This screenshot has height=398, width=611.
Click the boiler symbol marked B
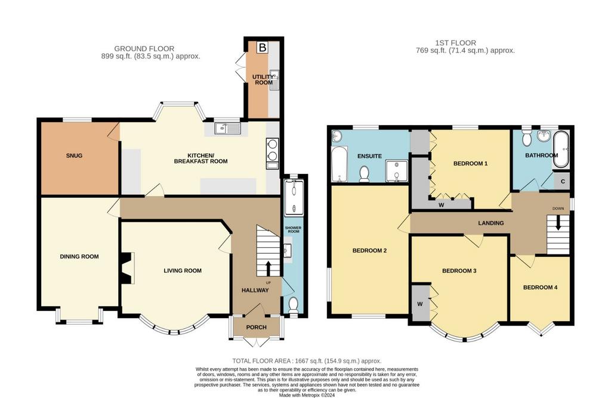[x=263, y=48]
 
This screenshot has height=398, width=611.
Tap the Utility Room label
[x=263, y=80]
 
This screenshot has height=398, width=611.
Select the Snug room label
[x=74, y=156]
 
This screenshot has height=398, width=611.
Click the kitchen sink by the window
[x=229, y=128]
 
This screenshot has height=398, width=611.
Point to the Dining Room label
[x=79, y=257]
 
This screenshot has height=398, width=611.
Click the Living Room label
[x=183, y=270]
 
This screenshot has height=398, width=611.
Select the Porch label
[x=257, y=327]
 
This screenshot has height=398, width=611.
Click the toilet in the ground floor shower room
[x=294, y=304]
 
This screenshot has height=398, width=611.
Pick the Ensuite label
[x=369, y=156]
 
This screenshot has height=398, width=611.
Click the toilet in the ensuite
[x=365, y=173]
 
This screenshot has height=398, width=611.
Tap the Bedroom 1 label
[x=470, y=163]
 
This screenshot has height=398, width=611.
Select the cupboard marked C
[x=562, y=181]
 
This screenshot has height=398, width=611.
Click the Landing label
[x=491, y=223]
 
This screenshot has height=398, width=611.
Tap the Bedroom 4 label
[x=540, y=288]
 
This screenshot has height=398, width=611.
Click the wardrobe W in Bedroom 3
[x=420, y=303]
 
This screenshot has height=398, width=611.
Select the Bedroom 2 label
[x=369, y=251]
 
